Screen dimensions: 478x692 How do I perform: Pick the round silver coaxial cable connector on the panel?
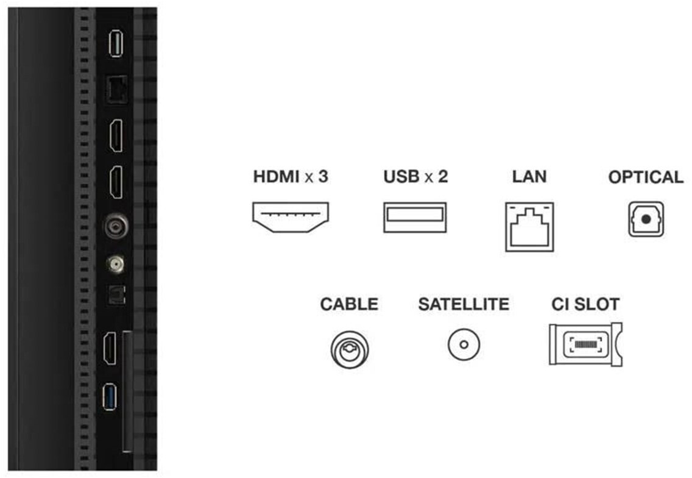coord(115,227)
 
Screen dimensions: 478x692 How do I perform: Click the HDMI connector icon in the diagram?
coord(291,218)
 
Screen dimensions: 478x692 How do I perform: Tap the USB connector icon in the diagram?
coord(415,218)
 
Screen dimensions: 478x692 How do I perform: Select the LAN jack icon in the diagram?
coord(529,226)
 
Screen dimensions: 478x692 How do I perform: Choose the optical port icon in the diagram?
coord(646,220)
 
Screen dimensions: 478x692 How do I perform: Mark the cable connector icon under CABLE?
coord(349,348)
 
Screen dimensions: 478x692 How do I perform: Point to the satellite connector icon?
coord(464,344)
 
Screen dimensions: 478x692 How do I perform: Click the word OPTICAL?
coord(646,178)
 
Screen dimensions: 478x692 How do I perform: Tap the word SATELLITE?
coord(464,304)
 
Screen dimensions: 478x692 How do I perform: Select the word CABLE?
coord(349,304)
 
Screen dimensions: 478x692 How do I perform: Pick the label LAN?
coord(529,177)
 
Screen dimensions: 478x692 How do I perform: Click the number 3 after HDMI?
coord(323,178)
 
